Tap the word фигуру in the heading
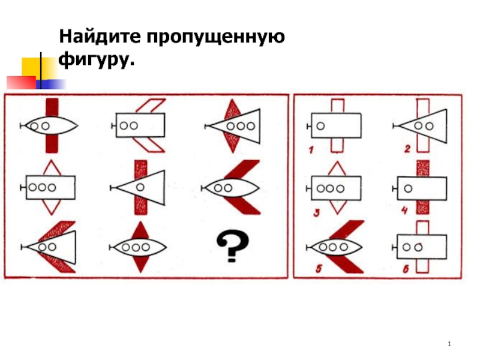[95, 61]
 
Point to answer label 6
[406, 269]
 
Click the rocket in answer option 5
[336, 247]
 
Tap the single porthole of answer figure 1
[321, 125]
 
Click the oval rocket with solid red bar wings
[50, 126]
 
